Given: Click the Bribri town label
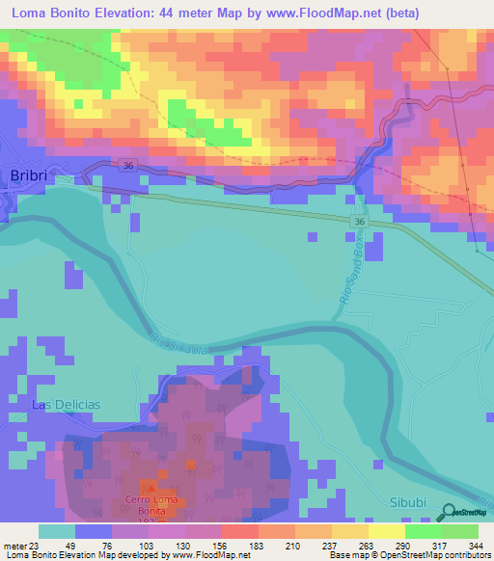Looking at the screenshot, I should (28, 174).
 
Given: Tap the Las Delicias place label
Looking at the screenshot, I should (66, 404).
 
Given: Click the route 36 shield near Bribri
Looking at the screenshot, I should (128, 167).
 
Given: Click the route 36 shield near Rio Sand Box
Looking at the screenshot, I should (359, 222).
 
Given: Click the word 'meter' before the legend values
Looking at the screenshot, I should (15, 547).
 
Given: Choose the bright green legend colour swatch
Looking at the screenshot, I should (423, 531).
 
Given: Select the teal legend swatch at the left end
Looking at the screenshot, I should (56, 531).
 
